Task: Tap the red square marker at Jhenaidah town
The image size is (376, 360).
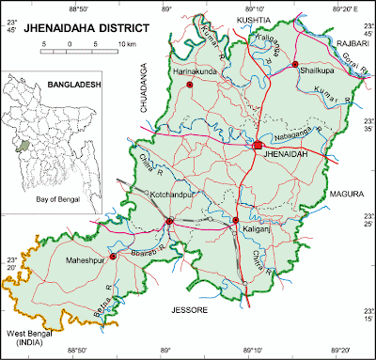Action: click(257, 144)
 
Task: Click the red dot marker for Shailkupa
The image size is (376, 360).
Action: click(295, 65)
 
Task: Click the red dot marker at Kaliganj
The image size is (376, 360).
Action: click(236, 221)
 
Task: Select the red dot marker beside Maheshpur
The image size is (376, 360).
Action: click(113, 255)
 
